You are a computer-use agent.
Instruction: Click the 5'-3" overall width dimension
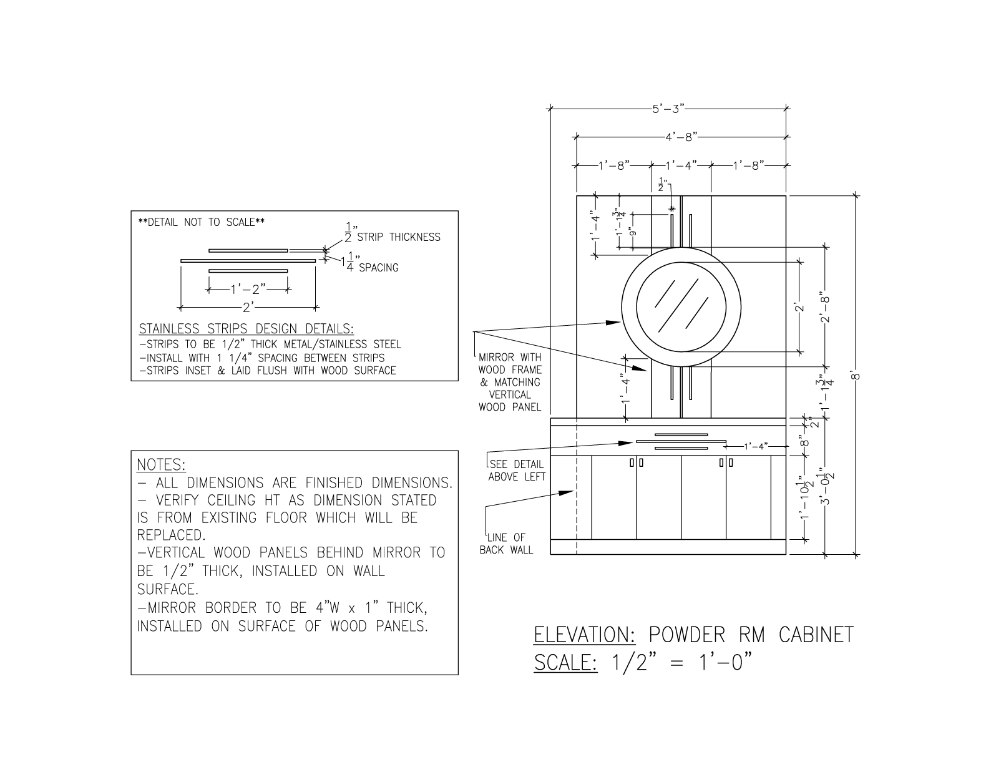(668, 109)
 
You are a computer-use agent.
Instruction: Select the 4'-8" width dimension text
(681, 137)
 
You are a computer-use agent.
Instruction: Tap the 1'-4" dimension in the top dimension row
(681, 165)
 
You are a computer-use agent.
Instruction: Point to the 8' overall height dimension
(856, 376)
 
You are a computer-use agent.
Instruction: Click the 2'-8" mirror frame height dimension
(826, 310)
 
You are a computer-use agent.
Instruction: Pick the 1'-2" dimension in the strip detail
(248, 289)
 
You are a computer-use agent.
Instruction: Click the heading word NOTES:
(161, 465)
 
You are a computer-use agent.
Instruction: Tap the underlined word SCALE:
(565, 663)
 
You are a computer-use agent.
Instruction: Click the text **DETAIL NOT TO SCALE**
(202, 222)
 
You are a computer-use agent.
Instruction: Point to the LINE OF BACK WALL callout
(506, 544)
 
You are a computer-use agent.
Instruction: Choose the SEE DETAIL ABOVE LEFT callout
(517, 471)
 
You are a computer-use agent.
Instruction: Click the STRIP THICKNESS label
(399, 237)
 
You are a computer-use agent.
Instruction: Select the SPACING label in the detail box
(379, 268)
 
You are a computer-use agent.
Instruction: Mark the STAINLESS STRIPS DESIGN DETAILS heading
(246, 328)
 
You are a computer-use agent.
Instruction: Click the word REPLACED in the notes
(171, 535)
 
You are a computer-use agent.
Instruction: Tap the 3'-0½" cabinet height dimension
(826, 489)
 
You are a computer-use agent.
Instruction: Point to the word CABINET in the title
(816, 635)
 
